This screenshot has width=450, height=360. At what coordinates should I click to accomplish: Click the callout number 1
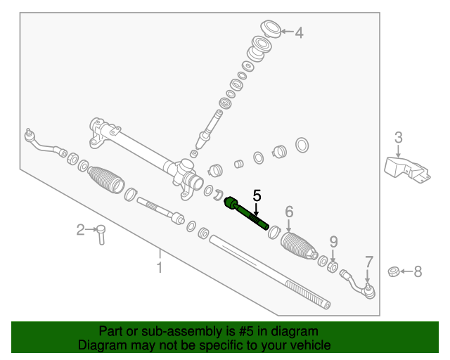pyautogui.click(x=160, y=267)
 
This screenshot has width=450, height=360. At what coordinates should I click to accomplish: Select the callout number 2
pyautogui.click(x=81, y=229)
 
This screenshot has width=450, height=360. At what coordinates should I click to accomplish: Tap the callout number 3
pyautogui.click(x=398, y=137)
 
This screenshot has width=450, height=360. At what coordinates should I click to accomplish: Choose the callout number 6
pyautogui.click(x=288, y=212)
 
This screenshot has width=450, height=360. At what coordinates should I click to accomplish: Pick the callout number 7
pyautogui.click(x=368, y=262)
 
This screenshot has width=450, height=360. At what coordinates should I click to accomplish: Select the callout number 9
pyautogui.click(x=333, y=242)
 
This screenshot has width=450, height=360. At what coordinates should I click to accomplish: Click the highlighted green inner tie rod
pyautogui.click(x=246, y=213)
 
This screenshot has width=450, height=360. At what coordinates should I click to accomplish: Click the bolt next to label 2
pyautogui.click(x=101, y=234)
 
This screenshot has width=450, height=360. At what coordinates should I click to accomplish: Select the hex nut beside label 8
pyautogui.click(x=395, y=271)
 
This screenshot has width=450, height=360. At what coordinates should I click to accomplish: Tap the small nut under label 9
pyautogui.click(x=333, y=266)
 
